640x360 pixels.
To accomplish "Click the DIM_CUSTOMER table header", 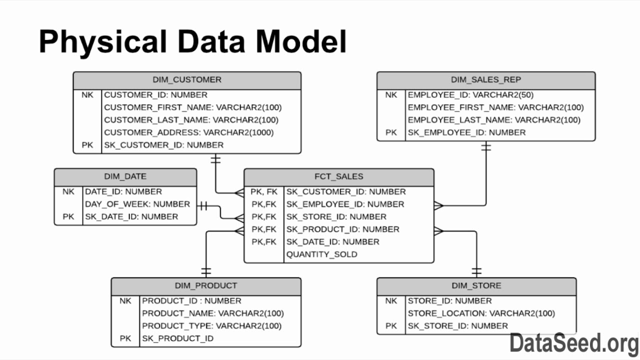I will click(x=187, y=80).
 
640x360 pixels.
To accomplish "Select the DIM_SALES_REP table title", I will click(x=486, y=80).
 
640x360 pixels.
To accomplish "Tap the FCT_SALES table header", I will click(x=339, y=176).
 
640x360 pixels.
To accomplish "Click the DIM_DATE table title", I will click(x=125, y=176).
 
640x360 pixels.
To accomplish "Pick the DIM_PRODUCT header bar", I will click(x=206, y=286).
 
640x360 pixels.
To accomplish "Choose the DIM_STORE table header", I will click(x=476, y=286).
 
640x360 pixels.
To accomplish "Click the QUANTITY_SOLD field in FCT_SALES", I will click(x=321, y=254).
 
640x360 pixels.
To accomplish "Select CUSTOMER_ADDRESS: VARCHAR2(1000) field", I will click(x=189, y=132).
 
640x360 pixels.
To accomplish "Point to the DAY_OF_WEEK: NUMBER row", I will click(x=137, y=204).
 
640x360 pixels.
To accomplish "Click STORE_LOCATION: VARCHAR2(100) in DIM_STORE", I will click(x=481, y=313).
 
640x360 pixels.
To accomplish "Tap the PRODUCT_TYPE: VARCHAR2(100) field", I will click(x=211, y=326).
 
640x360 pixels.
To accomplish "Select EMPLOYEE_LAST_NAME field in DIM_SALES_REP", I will click(x=494, y=120).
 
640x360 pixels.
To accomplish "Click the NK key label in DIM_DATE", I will click(x=68, y=191).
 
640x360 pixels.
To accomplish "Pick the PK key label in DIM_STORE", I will click(x=391, y=326).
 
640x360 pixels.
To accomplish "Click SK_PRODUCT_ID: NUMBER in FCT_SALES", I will click(x=342, y=229).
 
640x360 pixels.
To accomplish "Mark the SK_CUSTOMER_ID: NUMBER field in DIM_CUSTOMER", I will click(x=163, y=145).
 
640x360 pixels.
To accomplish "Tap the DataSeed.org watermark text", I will click(x=574, y=343).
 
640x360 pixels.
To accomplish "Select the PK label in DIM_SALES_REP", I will click(x=391, y=132).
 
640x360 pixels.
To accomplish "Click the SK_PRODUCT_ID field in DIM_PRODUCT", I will click(x=177, y=338).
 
